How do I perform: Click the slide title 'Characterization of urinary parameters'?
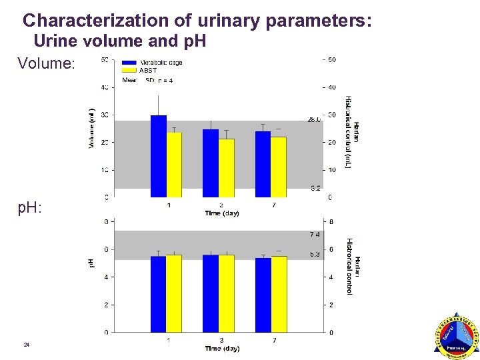click(x=197, y=20)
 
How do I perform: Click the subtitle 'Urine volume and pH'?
click(x=119, y=41)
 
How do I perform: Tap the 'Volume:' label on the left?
click(x=47, y=64)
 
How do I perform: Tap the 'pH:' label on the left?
click(x=30, y=208)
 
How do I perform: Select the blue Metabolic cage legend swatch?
click(x=129, y=63)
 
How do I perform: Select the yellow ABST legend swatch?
click(x=129, y=70)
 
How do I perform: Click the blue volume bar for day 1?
click(x=159, y=157)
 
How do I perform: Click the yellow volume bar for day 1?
click(x=174, y=165)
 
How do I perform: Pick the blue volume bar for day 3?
click(x=211, y=163)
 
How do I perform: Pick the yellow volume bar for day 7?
click(x=278, y=167)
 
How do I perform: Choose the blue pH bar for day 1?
click(x=158, y=294)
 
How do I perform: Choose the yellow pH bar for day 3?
click(x=226, y=293)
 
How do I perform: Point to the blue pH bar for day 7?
click(x=263, y=295)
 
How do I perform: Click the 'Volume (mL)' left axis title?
click(x=92, y=128)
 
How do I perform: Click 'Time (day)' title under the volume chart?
click(x=222, y=213)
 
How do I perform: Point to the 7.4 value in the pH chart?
click(x=315, y=235)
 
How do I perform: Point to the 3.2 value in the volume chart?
click(x=315, y=188)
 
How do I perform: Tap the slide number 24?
click(x=27, y=345)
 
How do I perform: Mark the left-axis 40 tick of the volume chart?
click(x=105, y=87)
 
